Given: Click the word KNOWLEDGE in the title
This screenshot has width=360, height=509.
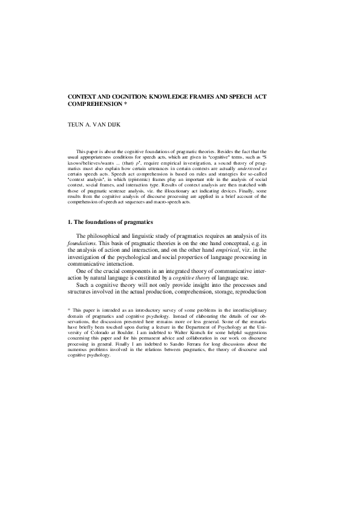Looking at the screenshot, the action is coord(179,97).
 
